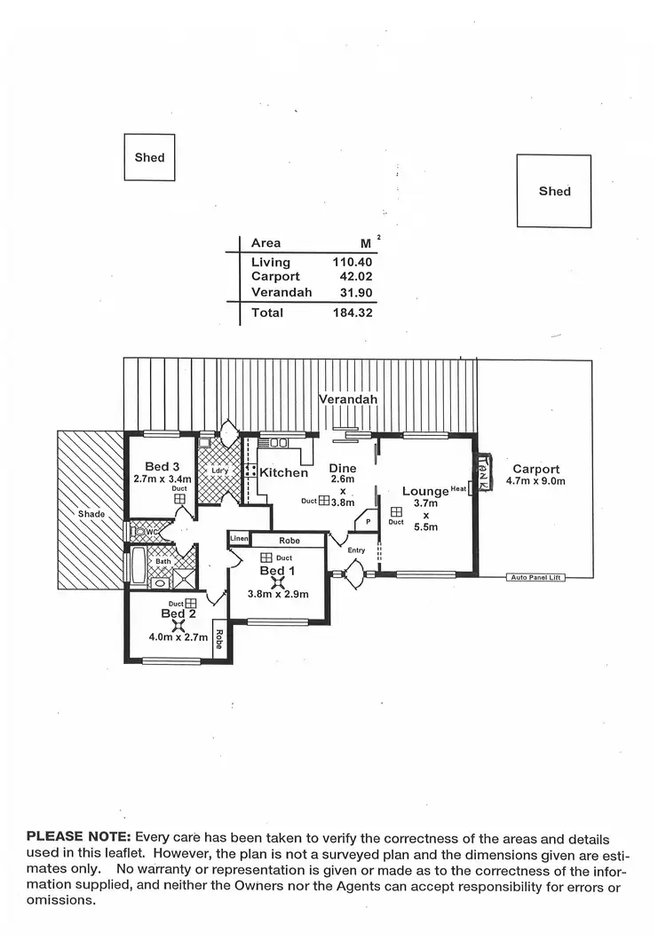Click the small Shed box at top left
pos(149,157)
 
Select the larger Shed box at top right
pos(554,191)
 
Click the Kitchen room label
pos(283,472)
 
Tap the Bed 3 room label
pos(163,467)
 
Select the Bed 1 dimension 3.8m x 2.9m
pos(277,595)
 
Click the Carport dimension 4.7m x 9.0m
pos(535,481)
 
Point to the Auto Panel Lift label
pos(535,578)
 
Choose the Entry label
pos(356,550)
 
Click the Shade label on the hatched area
pos(91,514)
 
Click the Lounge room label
pos(425,491)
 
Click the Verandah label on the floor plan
pos(348,399)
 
